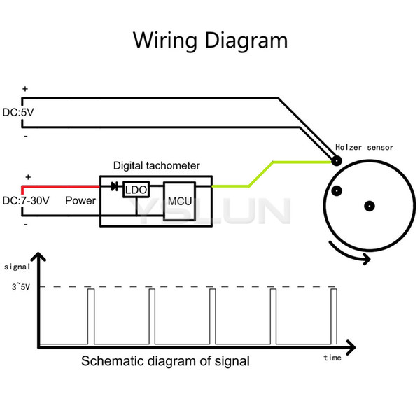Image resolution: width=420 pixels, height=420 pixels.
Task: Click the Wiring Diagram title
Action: click(210, 41)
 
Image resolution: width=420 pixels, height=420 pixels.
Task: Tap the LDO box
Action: click(136, 190)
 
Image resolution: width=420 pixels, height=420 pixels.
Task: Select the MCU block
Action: click(179, 201)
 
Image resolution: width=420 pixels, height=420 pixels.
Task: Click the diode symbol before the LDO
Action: click(115, 186)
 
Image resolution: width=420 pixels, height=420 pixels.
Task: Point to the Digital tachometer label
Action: click(157, 165)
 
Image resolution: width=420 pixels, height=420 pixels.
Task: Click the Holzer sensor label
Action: click(364, 147)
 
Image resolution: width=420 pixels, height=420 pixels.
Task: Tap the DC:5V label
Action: click(18, 112)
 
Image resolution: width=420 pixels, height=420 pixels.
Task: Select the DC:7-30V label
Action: click(26, 201)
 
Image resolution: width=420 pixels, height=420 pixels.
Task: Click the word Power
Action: click(80, 201)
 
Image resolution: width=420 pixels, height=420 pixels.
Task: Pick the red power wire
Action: click(60, 186)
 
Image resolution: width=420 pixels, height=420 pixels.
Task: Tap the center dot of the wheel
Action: click(370, 206)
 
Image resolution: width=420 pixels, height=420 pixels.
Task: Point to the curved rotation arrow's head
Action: click(366, 259)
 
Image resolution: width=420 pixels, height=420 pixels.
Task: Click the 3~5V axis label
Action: click(21, 287)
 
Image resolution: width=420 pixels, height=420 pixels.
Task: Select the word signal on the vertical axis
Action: click(17, 267)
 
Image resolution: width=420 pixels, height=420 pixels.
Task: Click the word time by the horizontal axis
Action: click(332, 358)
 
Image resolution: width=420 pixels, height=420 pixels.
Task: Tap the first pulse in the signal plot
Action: click(91, 316)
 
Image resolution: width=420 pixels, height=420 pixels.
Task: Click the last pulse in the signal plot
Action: click(334, 316)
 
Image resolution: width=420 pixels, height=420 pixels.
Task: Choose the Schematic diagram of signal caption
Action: click(165, 361)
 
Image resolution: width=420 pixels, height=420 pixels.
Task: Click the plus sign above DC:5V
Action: click(25, 89)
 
